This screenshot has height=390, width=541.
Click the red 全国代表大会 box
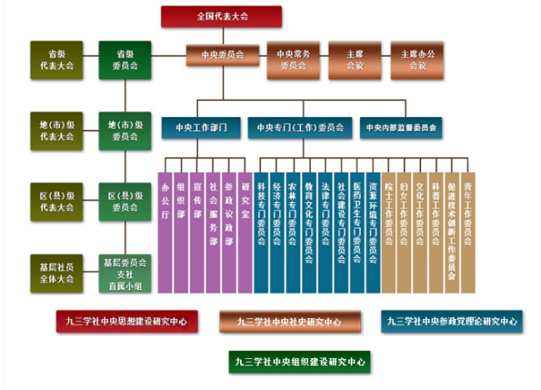coord(221,16)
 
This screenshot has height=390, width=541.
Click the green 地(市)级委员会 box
coord(125,130)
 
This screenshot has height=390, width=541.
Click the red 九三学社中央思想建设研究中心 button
coord(126,321)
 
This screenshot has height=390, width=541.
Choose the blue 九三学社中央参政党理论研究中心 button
coord(452,321)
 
